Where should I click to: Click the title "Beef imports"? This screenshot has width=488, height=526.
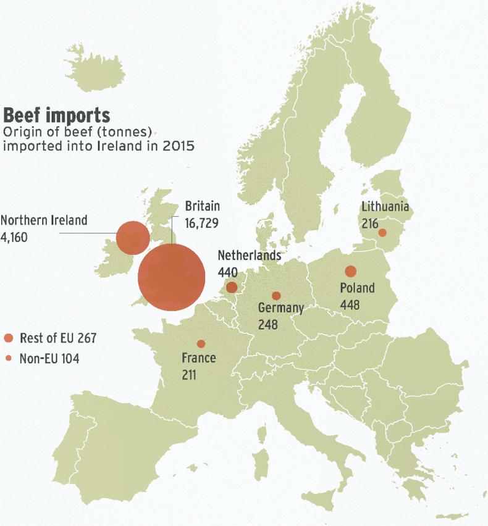tap(57, 115)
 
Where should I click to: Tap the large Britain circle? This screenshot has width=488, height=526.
tap(171, 277)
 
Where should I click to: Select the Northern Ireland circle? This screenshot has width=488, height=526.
tap(133, 238)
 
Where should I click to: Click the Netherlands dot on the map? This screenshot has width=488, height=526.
tap(232, 287)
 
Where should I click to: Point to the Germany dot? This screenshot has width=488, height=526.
tap(276, 296)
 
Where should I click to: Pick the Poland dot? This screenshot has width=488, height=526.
tap(350, 271)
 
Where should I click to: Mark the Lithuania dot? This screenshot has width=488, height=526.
tap(382, 233)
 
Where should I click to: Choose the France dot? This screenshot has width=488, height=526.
tap(201, 343)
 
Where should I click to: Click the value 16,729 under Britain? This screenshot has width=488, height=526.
tap(202, 222)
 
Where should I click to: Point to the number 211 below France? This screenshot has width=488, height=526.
tap(190, 374)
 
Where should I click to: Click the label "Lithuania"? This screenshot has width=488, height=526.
tap(385, 207)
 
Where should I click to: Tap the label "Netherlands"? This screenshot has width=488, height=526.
tap(250, 256)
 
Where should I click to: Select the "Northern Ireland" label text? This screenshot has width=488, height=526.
tap(44, 220)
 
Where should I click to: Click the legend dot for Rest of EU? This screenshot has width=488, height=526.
tap(9, 338)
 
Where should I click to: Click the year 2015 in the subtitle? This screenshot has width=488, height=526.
tap(179, 146)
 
